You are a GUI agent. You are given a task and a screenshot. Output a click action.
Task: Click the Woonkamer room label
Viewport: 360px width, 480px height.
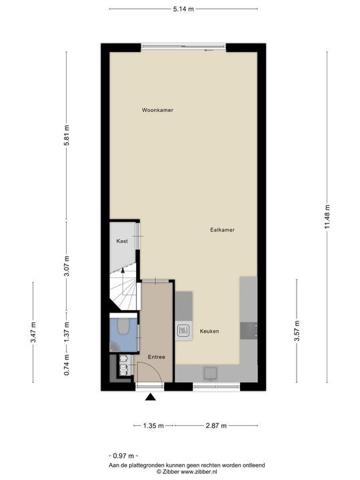tap(157, 110)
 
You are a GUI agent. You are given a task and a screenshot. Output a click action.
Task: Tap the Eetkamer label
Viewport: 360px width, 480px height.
tap(222, 229)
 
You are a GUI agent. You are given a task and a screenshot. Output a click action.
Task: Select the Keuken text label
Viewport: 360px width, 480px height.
tap(209, 331)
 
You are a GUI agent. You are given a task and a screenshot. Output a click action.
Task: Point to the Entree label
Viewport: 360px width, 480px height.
tap(157, 357)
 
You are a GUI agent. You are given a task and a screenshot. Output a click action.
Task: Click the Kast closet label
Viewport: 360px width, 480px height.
tap(122, 241)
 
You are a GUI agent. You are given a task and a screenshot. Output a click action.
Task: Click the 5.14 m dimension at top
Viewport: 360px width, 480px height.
tap(183, 9)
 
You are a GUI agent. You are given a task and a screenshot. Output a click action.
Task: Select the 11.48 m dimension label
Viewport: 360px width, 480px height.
tap(327, 217)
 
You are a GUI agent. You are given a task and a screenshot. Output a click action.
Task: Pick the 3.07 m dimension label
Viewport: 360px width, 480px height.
tap(67, 266)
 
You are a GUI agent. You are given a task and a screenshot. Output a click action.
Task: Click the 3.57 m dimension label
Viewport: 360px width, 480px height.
tap(297, 331)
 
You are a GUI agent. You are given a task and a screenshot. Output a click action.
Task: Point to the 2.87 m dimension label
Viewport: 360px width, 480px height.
tap(216, 425)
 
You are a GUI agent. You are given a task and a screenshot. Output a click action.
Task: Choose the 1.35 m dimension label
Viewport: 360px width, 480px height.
tap(153, 425)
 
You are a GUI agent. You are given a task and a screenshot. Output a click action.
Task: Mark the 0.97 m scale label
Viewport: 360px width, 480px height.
tap(123, 456)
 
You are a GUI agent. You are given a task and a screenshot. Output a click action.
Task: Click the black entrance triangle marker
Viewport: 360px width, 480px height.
tap(150, 397)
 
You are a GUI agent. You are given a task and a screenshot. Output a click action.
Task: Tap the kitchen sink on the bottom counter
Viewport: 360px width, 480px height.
tap(211, 373)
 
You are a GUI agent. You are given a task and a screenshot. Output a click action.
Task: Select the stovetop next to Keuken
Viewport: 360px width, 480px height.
tap(183, 330)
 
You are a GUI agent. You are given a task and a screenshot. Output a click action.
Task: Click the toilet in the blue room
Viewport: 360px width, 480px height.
tap(124, 326)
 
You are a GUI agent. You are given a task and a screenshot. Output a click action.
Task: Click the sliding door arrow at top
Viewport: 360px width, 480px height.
tap(209, 50)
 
